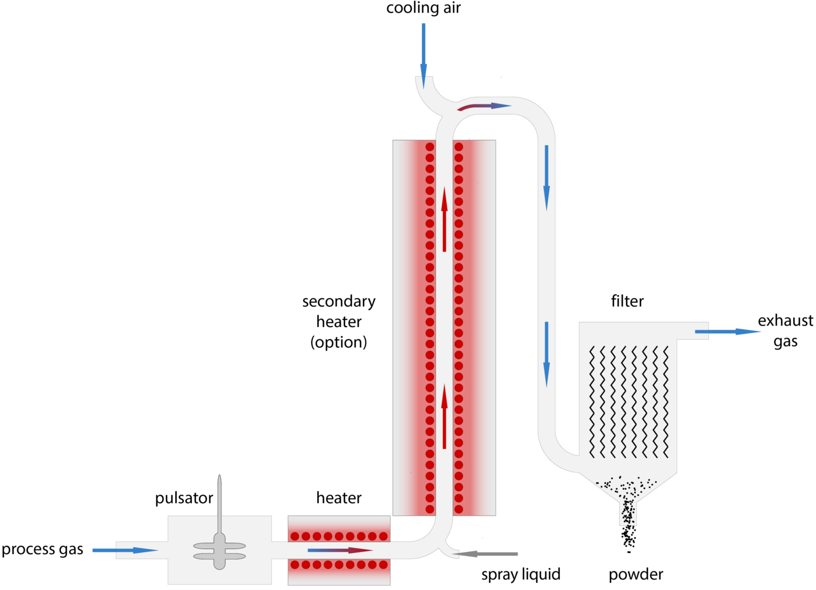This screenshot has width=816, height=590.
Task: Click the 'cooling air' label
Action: coord(423,8)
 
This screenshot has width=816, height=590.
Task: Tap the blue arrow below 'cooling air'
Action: coord(423,54)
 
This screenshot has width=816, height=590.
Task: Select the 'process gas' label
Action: coord(42,550)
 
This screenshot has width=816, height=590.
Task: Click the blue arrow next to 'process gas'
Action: coord(125,550)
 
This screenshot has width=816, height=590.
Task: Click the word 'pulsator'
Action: coord(184,499)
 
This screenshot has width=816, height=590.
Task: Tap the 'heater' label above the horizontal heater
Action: coord(339,498)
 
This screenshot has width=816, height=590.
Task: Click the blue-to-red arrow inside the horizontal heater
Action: coord(340,550)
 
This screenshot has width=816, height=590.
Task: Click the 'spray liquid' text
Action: coord(521,574)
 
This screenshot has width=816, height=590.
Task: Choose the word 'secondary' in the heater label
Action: coord(339,302)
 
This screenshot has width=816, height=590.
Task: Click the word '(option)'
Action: coord(339,342)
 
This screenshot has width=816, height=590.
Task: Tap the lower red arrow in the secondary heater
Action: coord(444,416)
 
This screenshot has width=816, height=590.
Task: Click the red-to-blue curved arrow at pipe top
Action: coord(484,106)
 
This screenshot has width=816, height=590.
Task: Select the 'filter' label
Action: coord(627,301)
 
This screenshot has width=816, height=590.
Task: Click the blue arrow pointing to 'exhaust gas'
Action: coord(726,331)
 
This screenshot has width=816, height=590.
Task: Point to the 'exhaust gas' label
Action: coord(786,331)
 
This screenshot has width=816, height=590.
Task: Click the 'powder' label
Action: coord(636,574)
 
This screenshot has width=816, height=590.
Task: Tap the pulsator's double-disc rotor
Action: coord(219,551)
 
